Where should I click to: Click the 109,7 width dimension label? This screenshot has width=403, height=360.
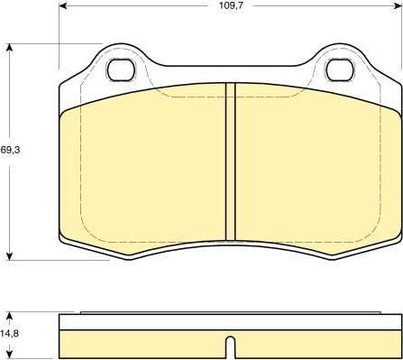(x=226, y=5)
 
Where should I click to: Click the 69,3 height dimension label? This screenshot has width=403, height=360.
(x=10, y=150)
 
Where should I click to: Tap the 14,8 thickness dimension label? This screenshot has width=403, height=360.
(x=9, y=333)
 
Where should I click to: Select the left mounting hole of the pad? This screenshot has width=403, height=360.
(x=121, y=70)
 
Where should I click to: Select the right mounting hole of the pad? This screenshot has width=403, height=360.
(x=340, y=70)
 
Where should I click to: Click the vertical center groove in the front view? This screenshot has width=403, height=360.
(x=231, y=162)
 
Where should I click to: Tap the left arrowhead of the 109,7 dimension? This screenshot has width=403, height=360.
(x=63, y=5)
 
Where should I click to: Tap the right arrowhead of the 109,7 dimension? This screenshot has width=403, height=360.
(x=398, y=5)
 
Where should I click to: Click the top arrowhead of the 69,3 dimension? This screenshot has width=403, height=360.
(x=10, y=48)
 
